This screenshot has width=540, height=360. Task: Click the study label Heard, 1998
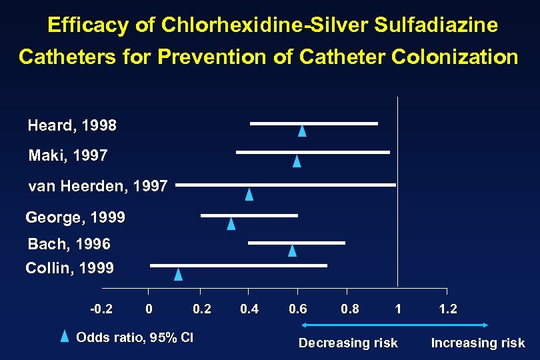pyautogui.click(x=72, y=125)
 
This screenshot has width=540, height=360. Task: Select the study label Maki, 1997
pyautogui.click(x=68, y=156)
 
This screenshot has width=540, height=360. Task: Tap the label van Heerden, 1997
pyautogui.click(x=98, y=187)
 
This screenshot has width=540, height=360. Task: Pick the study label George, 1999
pyautogui.click(x=75, y=217)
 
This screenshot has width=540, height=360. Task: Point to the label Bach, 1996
pyautogui.click(x=69, y=244)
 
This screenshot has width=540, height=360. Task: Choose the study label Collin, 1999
pyautogui.click(x=69, y=269)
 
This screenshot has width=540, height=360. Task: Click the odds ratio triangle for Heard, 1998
pyautogui.click(x=302, y=131)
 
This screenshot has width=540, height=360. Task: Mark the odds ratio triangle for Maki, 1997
pyautogui.click(x=297, y=161)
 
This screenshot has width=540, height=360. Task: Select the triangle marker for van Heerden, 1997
pyautogui.click(x=249, y=194)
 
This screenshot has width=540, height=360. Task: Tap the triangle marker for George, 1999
pyautogui.click(x=231, y=223)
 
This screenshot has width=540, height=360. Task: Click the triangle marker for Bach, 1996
pyautogui.click(x=292, y=250)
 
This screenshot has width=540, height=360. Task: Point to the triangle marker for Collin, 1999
pyautogui.click(x=178, y=274)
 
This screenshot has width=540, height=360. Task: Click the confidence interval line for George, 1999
pyautogui.click(x=249, y=215)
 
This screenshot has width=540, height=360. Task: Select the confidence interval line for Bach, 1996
pyautogui.click(x=296, y=243)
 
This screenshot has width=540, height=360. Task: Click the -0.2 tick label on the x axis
pyautogui.click(x=101, y=309)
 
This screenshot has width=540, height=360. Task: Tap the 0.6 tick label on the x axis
pyautogui.click(x=298, y=309)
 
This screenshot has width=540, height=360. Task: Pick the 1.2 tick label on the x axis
pyautogui.click(x=448, y=309)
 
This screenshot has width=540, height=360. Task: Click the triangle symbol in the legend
pyautogui.click(x=65, y=336)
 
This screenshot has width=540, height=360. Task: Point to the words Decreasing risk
pyautogui.click(x=348, y=343)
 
